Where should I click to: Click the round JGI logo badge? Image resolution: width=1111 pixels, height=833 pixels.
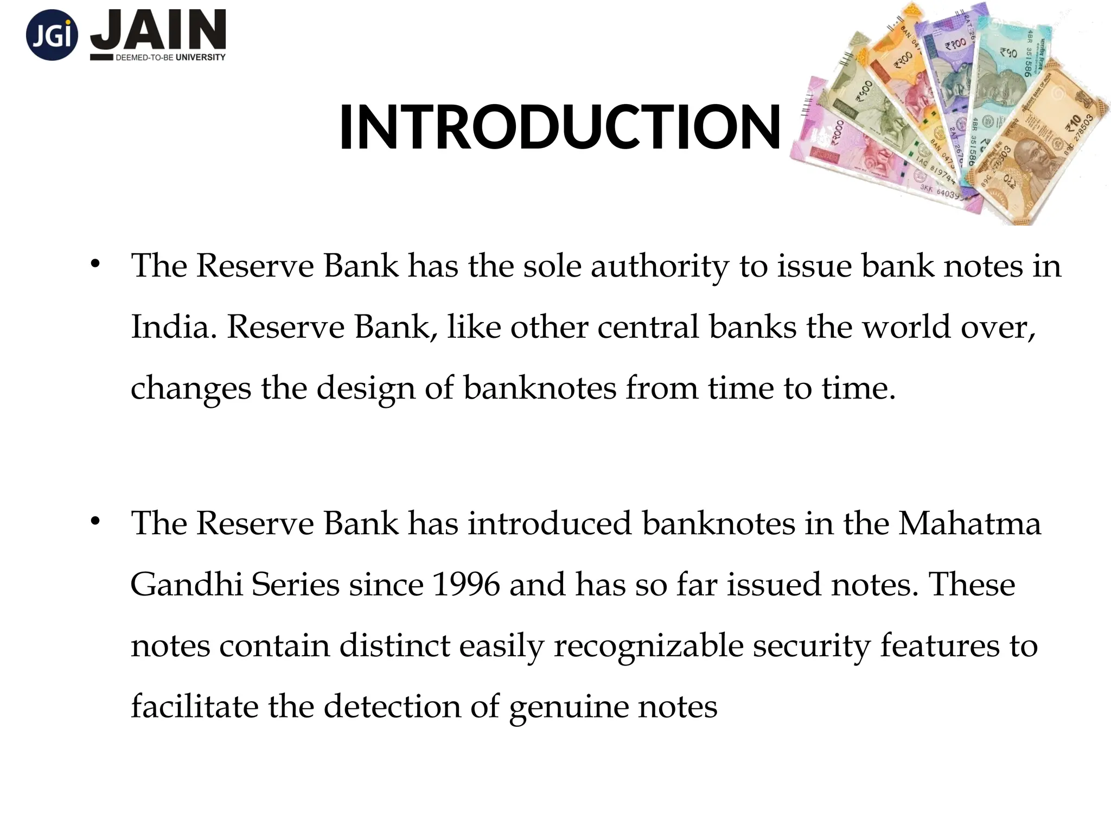pos(52,35)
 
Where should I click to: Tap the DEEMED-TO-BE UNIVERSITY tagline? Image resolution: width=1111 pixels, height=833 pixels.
pos(170,57)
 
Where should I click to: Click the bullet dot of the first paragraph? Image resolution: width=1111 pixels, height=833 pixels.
pos(95,264)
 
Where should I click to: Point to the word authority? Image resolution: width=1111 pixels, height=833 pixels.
pos(660,267)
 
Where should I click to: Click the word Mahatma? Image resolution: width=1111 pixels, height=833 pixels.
pos(969,524)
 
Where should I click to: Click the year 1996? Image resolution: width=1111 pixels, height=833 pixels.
pos(466,585)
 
